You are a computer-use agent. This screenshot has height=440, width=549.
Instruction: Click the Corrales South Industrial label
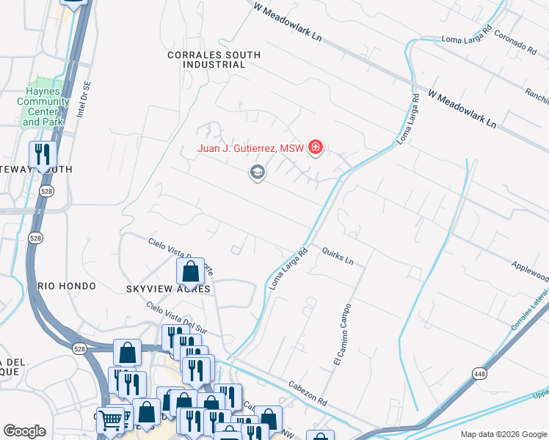pyautogui.click(x=206, y=59)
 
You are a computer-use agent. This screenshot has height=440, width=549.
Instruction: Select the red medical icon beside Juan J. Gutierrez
pyautogui.click(x=316, y=148)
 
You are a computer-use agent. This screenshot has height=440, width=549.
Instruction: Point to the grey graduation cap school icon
pyautogui.click(x=257, y=173)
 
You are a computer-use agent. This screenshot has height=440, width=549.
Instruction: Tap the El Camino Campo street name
pyautogui.click(x=341, y=334)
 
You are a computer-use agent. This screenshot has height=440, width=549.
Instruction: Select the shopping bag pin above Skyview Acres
pyautogui.click(x=191, y=271)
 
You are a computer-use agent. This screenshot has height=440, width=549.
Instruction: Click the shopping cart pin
pyautogui.click(x=111, y=420)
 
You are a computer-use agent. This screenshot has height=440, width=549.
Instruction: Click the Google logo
pyautogui.click(x=24, y=431)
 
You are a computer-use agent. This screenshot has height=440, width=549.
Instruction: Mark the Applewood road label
pyautogui.click(x=530, y=271)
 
